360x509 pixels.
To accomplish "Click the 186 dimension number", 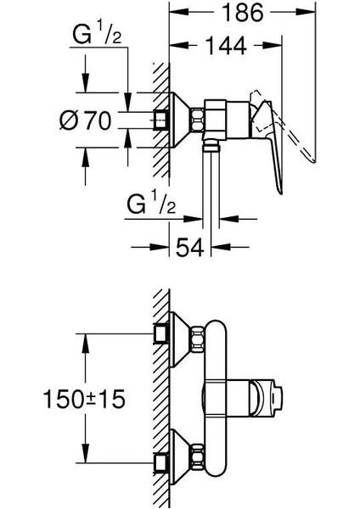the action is coord(243,13).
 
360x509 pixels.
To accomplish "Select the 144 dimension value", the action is coord(226,46).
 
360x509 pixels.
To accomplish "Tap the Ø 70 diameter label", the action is coord(86,120).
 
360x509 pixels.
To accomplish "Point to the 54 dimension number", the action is coord(190,248).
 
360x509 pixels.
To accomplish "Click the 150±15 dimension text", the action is coord(84,399).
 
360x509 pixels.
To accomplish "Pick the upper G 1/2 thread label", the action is coord(97,36).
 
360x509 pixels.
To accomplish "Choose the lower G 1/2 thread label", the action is coord(151,204).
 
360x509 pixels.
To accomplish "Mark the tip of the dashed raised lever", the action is coord(313,161).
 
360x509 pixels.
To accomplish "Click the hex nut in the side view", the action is coord(198,120).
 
